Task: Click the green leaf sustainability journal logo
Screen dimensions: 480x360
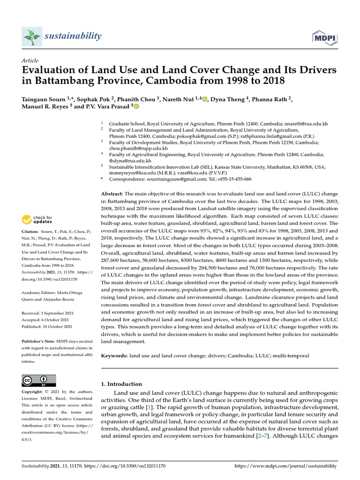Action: (32, 37)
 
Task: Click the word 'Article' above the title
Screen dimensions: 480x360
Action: (30, 60)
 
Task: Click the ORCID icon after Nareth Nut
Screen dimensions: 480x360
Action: (204, 98)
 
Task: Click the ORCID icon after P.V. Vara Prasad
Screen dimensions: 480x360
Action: (136, 106)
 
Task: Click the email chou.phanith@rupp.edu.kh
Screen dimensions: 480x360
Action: (138, 148)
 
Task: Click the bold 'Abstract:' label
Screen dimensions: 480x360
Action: (112, 194)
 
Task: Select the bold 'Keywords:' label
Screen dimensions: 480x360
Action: (114, 356)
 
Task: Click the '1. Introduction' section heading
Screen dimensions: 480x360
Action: (122, 384)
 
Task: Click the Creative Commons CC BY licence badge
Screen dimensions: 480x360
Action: (39, 380)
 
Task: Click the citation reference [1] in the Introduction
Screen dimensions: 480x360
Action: (149, 408)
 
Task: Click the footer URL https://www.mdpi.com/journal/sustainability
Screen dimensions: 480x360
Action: (285, 466)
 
